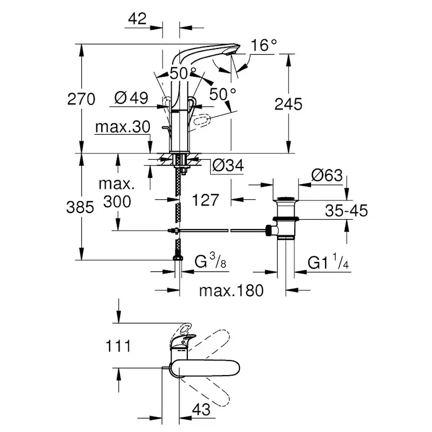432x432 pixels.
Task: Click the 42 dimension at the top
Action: tap(137, 19)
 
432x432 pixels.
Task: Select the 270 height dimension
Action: tap(81, 99)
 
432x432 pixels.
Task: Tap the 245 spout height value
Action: tap(288, 104)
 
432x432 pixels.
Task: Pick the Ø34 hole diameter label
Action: tap(228, 166)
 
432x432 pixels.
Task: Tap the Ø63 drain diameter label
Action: tap(327, 175)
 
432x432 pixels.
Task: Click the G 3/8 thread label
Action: tap(210, 262)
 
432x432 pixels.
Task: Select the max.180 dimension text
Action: tap(231, 290)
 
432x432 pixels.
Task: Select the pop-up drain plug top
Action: tap(285, 199)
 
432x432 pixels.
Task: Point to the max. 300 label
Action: tap(117, 193)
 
